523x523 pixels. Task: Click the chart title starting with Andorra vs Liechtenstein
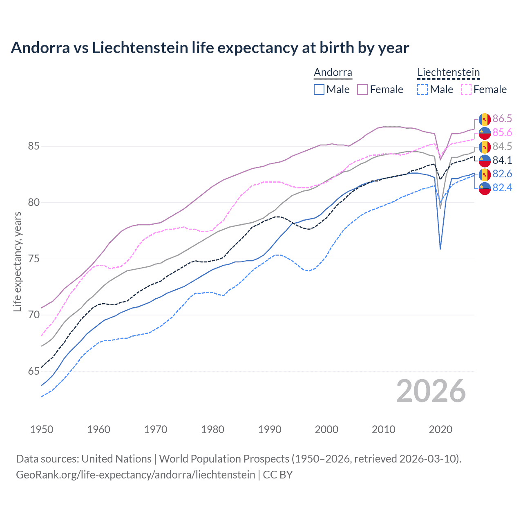pos(210,48)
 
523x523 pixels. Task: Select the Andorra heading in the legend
pos(333,73)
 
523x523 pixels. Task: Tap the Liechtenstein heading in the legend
pos(448,73)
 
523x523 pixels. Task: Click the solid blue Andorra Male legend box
pos(319,89)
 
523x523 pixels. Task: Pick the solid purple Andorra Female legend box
pos(362,89)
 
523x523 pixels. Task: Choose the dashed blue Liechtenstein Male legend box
pos(422,89)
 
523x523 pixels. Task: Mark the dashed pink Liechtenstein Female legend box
pos(466,89)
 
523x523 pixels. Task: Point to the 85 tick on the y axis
pos(34,146)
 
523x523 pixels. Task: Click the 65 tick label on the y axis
pos(34,371)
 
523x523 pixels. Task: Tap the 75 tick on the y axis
pos(34,259)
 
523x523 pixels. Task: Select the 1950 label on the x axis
pos(42,429)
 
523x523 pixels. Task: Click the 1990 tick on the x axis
pos(270,429)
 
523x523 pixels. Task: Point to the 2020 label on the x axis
pos(440,429)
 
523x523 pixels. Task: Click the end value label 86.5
pos(502,119)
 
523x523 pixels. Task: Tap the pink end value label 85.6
pos(502,133)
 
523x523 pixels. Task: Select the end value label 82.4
pos(502,188)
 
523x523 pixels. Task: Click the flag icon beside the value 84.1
pos(485,160)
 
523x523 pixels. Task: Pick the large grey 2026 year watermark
pos(431,391)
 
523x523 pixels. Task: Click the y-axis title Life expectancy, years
pos(17,261)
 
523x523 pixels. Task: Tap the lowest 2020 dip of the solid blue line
pos(440,249)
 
